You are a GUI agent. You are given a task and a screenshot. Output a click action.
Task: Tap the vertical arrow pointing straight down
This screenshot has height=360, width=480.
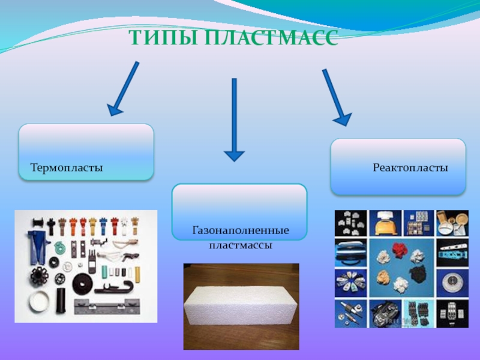(x=234, y=120)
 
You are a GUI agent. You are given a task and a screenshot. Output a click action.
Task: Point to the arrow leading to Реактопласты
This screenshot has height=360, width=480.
(x=335, y=97)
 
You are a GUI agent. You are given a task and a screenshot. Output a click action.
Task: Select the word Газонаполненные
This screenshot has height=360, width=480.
(x=241, y=230)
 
